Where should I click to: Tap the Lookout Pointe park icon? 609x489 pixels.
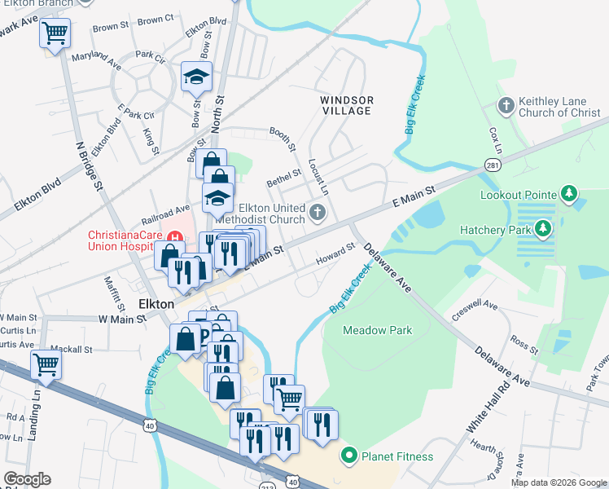point(570,194)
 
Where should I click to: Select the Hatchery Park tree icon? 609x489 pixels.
point(538,231)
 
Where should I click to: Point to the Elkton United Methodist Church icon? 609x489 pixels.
point(318,214)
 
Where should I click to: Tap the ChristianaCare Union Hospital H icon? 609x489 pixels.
point(173,236)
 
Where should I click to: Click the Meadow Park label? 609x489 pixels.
point(377,330)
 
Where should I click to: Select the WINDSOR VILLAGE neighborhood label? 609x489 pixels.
point(346,105)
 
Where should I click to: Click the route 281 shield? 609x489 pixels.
point(493,163)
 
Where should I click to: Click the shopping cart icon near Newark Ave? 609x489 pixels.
point(55,33)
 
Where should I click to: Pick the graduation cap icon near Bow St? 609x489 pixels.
point(195,77)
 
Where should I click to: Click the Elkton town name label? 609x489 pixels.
point(156,303)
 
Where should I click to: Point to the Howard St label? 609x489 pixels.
point(335,253)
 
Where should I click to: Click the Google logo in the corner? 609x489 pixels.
point(27,479)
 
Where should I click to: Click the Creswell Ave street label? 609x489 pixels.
point(479,306)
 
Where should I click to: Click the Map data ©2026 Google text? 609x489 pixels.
point(559,482)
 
